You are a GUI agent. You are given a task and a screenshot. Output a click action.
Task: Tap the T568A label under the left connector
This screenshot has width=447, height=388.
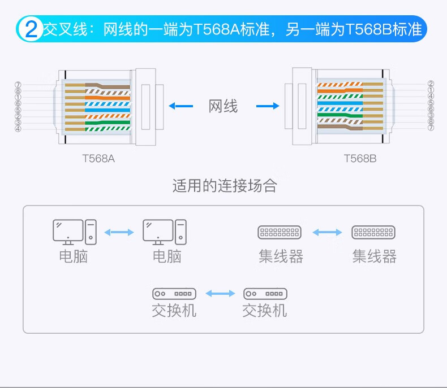click(98, 159)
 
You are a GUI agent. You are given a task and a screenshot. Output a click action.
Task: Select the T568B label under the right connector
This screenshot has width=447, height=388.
click(360, 159)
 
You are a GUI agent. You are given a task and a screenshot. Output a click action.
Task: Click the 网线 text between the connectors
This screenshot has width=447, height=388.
click(223, 106)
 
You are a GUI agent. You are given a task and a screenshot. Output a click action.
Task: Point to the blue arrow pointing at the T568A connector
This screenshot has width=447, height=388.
click(180, 106)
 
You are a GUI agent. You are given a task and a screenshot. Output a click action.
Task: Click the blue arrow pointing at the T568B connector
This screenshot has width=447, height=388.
click(268, 106)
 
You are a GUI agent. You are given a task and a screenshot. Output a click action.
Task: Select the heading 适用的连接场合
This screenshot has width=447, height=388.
click(225, 186)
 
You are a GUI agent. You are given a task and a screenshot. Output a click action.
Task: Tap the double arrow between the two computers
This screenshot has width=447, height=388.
click(119, 232)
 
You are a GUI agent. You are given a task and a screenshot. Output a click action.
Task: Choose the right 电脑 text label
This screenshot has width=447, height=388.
click(167, 256)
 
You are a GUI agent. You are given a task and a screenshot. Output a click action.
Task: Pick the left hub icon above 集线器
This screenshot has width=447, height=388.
click(280, 232)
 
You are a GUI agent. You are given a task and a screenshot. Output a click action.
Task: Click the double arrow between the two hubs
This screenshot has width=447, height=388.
click(327, 232)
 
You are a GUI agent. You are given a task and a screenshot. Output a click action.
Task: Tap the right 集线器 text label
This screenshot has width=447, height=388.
click(374, 256)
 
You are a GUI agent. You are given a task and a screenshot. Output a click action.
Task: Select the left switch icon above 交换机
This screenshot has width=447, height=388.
click(174, 294)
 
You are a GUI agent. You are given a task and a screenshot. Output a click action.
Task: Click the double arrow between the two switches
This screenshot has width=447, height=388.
click(220, 294)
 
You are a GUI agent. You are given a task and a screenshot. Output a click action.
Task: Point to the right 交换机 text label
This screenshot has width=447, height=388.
click(264, 311)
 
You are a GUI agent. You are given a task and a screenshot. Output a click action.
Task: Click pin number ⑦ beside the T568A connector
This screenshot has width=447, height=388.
click(18, 85)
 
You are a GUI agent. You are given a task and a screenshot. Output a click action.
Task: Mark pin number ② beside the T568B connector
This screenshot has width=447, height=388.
click(431, 84)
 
